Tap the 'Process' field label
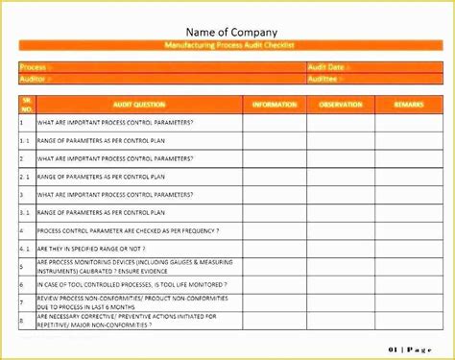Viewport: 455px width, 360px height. [x=34, y=67]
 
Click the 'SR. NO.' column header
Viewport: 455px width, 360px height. [x=26, y=104]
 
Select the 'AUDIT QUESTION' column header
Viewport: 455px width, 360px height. [x=139, y=104]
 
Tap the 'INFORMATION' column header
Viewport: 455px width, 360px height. [x=274, y=104]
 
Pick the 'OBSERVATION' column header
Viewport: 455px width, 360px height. [x=339, y=104]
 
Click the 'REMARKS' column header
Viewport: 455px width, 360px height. [x=401, y=104]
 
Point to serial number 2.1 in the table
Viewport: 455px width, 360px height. [x=26, y=177]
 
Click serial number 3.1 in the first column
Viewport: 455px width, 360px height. [x=26, y=212]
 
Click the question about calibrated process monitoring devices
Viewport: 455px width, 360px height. [x=134, y=266]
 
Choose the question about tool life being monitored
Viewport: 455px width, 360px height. [x=132, y=284]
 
